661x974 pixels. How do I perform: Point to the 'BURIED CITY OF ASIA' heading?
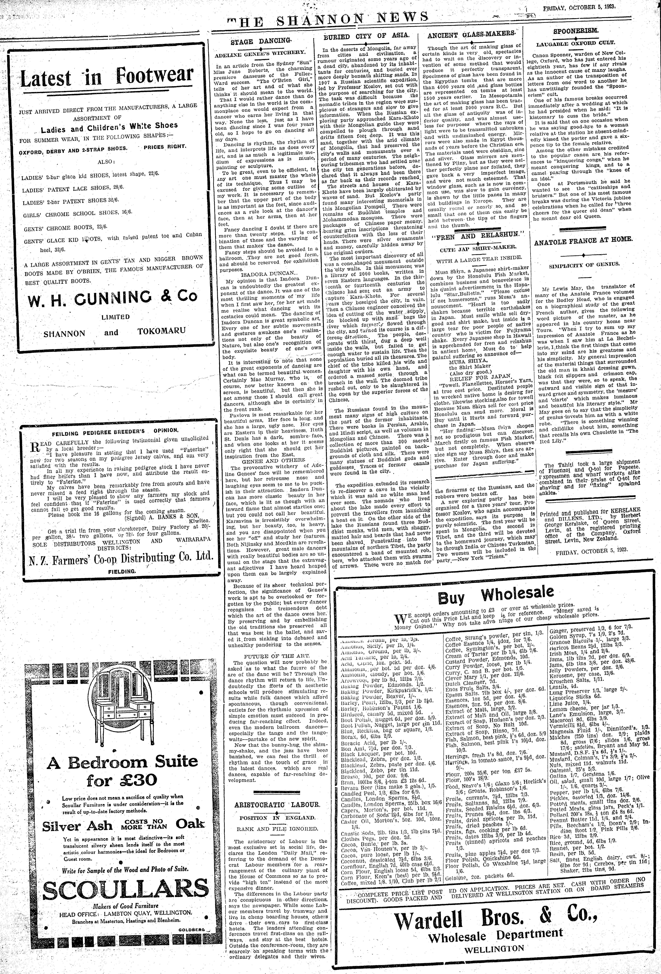point(363,36)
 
